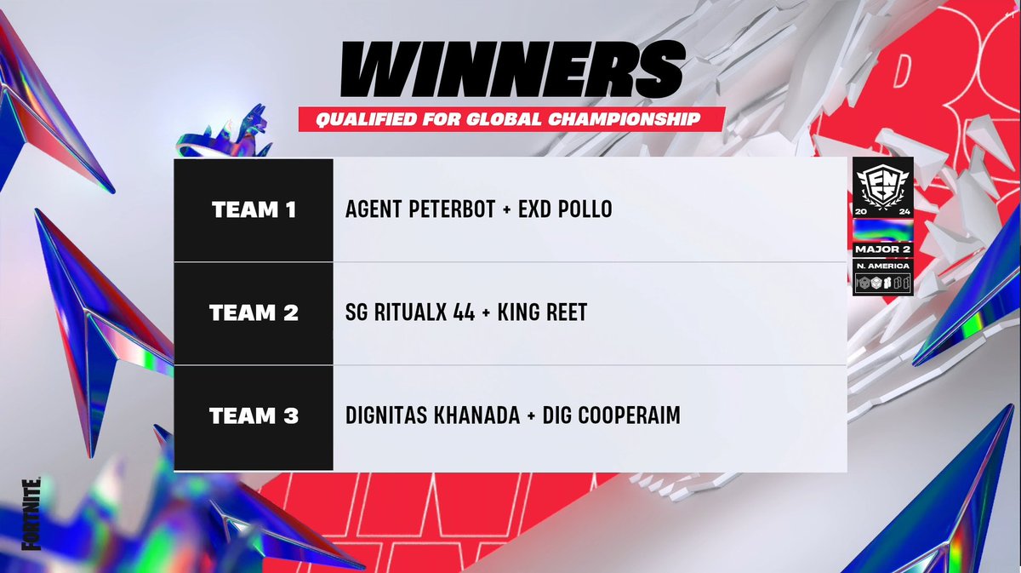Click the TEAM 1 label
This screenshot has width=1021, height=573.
point(254,209)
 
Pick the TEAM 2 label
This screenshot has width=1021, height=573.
point(254,313)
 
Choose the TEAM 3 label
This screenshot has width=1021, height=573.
point(254,417)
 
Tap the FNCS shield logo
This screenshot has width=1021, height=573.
point(883,184)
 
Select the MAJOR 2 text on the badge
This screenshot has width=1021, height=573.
point(883,249)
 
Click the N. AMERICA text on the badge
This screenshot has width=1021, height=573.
point(883,266)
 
